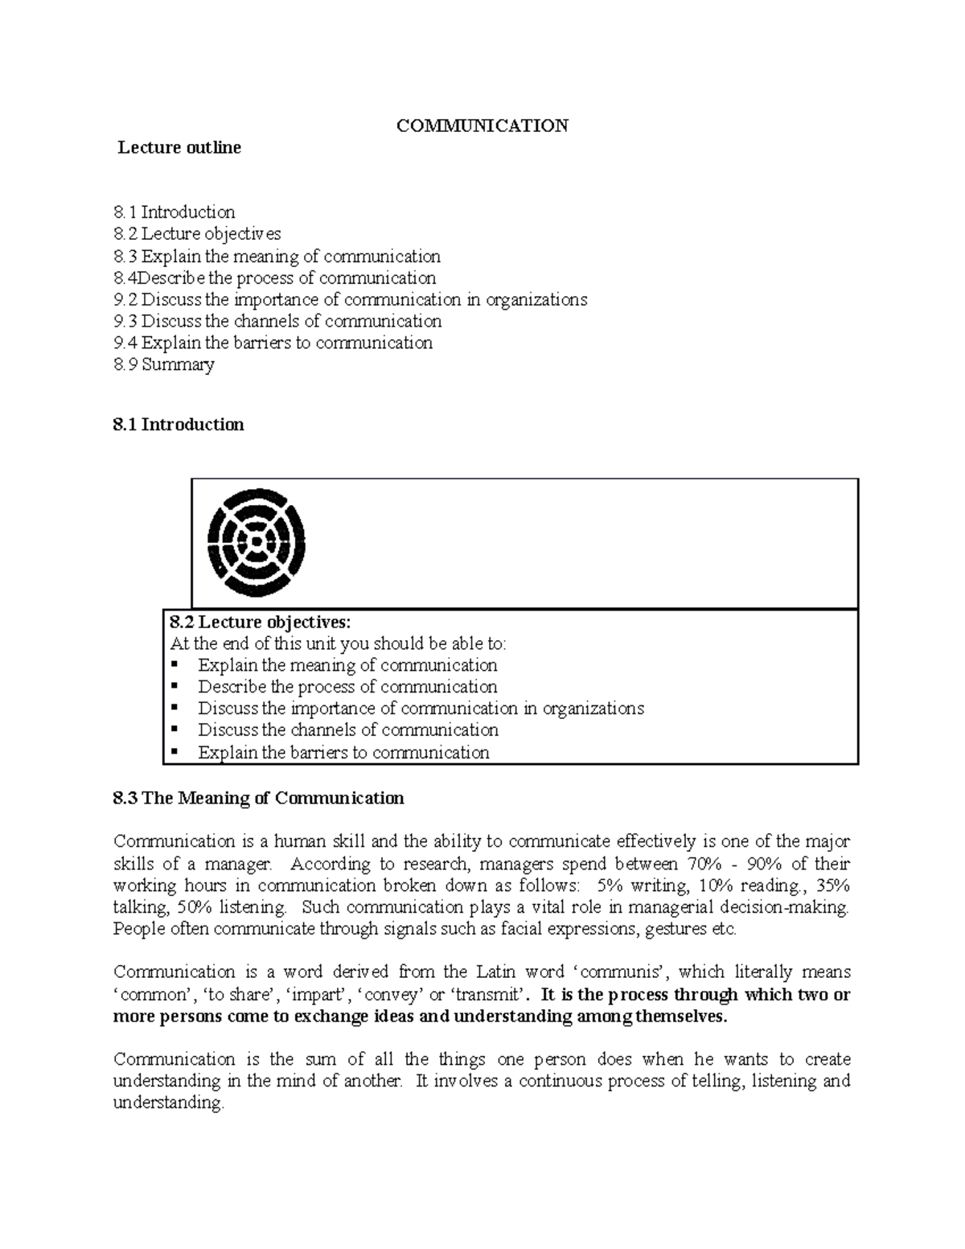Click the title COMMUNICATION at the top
pos(482,125)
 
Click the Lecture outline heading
pos(179,148)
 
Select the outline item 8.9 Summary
pos(164,364)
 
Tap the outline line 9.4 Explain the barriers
pos(273,343)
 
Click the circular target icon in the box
pos(257,543)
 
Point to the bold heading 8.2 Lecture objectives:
pos(261,622)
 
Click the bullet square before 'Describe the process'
pos(176,687)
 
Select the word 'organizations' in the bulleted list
pos(593,709)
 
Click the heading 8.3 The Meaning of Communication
pos(258,798)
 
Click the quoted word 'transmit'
pos(488,994)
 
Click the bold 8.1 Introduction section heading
pos(179,425)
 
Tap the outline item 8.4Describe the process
pos(275,278)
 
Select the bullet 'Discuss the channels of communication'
pos(348,730)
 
